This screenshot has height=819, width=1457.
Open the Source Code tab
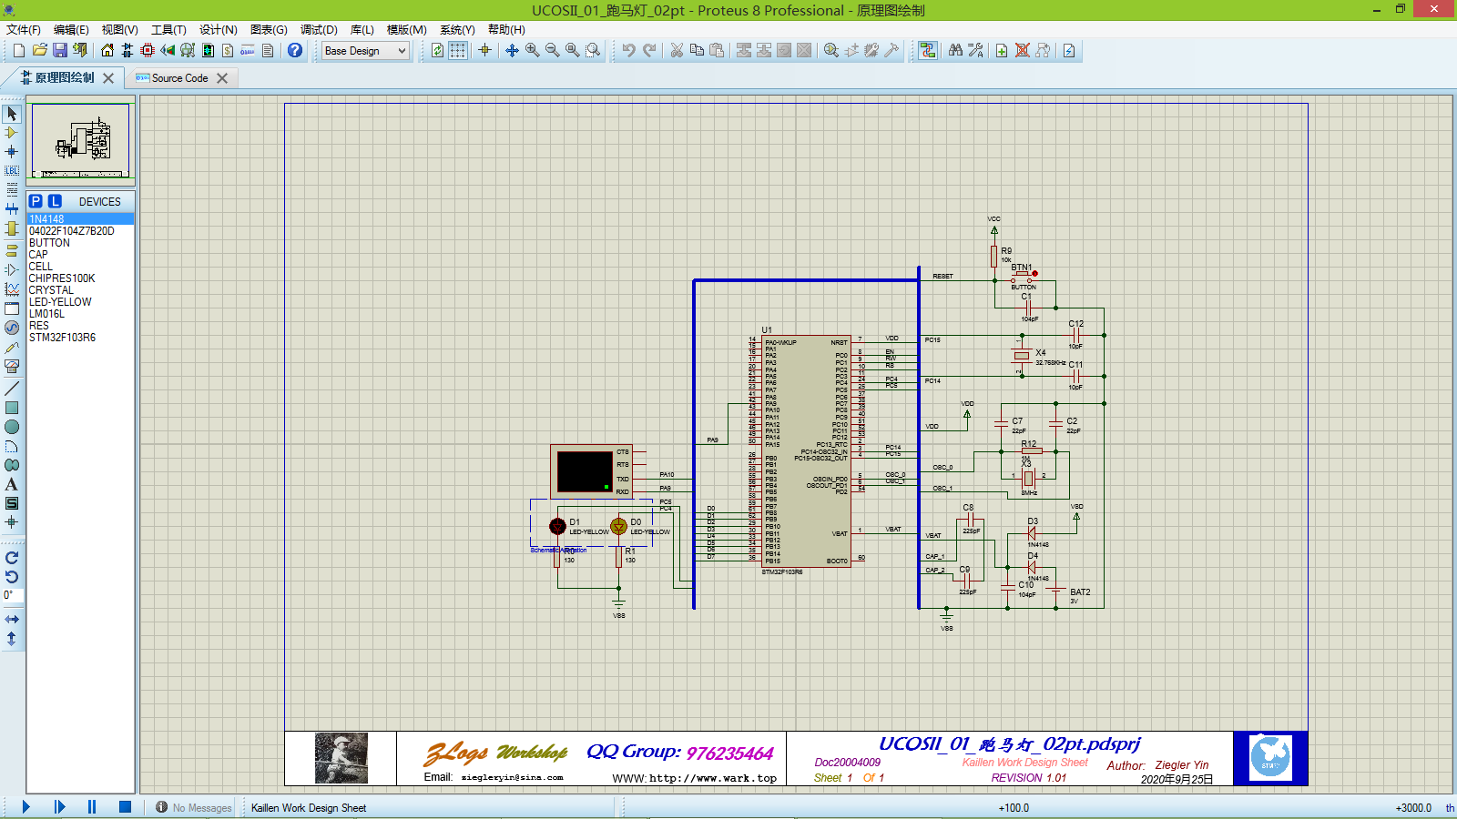click(x=179, y=78)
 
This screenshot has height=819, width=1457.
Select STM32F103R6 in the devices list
click(x=62, y=338)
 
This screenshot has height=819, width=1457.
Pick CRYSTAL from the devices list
click(x=51, y=290)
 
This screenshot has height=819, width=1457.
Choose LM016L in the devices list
click(x=46, y=314)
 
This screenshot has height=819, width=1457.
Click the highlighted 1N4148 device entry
click(x=46, y=219)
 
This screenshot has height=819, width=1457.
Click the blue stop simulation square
click(x=125, y=806)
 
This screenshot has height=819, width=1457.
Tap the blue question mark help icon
click(x=295, y=51)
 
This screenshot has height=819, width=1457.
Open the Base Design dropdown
click(x=365, y=51)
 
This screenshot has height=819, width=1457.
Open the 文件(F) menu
click(x=24, y=30)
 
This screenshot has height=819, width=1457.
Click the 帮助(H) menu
click(x=506, y=30)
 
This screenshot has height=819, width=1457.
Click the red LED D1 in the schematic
click(x=557, y=526)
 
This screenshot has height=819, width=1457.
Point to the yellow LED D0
click(x=619, y=526)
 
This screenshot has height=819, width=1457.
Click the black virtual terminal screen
click(x=585, y=471)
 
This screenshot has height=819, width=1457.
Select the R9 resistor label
click(x=1006, y=250)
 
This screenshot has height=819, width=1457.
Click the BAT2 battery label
click(x=1080, y=592)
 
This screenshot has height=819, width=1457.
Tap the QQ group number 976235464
click(x=729, y=753)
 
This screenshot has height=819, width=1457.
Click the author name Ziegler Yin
click(x=1182, y=765)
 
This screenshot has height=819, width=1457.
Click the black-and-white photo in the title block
click(x=341, y=758)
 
